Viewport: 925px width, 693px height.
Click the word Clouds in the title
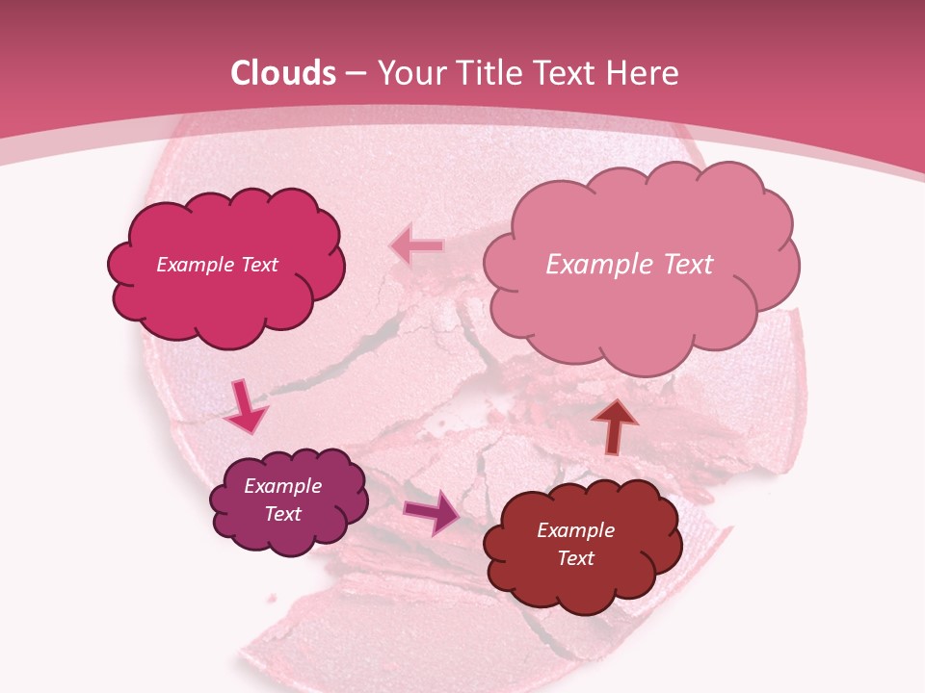(x=283, y=73)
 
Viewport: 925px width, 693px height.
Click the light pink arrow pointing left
(x=416, y=245)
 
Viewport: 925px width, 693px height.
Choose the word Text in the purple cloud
(x=283, y=514)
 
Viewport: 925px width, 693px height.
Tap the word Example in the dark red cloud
(x=575, y=530)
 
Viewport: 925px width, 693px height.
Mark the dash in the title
(x=355, y=73)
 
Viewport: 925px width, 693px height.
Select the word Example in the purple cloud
(x=283, y=486)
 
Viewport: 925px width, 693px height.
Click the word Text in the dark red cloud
(x=575, y=558)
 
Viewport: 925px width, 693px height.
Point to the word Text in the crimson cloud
(x=258, y=265)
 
